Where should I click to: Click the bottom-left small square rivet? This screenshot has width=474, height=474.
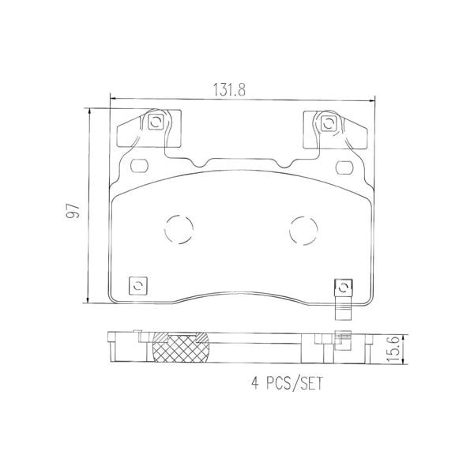pos(139,285)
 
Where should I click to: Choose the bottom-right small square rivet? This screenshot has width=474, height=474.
pos(343,286)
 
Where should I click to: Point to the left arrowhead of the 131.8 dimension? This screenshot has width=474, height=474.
pos(111,99)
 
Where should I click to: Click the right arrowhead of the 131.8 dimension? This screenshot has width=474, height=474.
pos(372,99)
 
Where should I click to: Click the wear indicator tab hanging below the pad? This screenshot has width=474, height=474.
pos(343,311)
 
